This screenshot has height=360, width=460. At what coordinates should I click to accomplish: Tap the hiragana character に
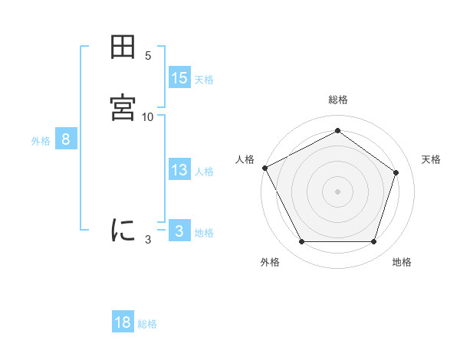[x=123, y=229]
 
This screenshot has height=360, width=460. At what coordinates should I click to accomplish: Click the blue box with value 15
[x=179, y=78]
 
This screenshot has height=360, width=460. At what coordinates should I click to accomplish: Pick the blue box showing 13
[x=179, y=170]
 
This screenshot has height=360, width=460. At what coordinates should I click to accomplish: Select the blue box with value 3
[x=179, y=231]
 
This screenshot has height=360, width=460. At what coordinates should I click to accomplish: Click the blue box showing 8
[x=66, y=139]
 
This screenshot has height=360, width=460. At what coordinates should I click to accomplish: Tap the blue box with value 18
[x=123, y=322]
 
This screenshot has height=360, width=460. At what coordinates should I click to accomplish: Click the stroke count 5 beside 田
[x=148, y=55]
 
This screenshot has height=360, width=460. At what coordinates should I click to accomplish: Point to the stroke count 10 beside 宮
[x=148, y=116]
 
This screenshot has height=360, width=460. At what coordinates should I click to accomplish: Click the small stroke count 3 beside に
[x=148, y=239]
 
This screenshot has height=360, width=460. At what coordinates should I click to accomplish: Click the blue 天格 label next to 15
[x=204, y=80]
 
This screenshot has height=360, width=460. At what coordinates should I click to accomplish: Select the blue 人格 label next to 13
[x=204, y=172]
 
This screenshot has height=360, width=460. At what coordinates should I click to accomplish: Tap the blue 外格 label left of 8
[x=41, y=141]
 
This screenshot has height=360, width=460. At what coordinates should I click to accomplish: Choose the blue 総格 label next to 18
[x=147, y=324]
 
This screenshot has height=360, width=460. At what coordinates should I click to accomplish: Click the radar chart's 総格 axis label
[x=338, y=100]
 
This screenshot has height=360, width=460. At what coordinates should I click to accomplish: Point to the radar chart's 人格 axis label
[x=245, y=159]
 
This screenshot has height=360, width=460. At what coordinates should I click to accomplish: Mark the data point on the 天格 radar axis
[x=396, y=172]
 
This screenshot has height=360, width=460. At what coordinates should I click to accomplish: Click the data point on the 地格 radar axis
[x=373, y=242]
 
